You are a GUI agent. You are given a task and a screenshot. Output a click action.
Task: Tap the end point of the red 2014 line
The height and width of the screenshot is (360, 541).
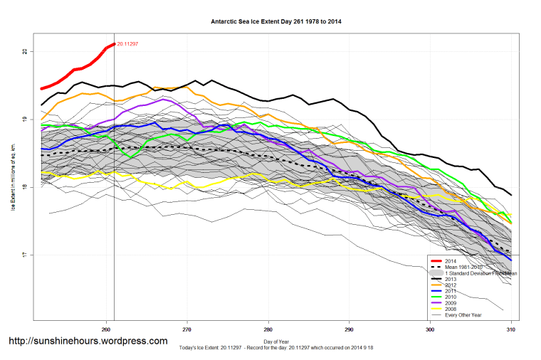[x=114, y=44]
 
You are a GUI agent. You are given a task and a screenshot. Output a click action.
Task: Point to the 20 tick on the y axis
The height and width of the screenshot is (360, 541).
[x=24, y=51]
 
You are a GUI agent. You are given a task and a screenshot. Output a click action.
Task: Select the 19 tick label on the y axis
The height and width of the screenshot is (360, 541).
[x=24, y=120]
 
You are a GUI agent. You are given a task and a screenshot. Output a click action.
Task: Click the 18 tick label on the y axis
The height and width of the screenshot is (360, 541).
[x=24, y=187]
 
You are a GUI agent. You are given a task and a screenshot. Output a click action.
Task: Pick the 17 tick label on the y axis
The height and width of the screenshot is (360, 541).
[x=24, y=255]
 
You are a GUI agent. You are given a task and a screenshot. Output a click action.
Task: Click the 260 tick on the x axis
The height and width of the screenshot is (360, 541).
[x=106, y=329]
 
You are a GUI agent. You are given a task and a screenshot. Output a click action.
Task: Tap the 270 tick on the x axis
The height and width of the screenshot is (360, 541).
[x=187, y=329]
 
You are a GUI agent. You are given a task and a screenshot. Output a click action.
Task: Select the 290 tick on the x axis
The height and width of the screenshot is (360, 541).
[x=349, y=329]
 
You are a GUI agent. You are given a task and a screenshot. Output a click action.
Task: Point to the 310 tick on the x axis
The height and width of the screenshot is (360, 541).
[x=510, y=329]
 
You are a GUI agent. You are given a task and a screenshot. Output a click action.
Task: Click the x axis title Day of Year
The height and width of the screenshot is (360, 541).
[x=274, y=342]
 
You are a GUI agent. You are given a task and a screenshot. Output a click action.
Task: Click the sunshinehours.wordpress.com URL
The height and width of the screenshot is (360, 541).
[x=88, y=342]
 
